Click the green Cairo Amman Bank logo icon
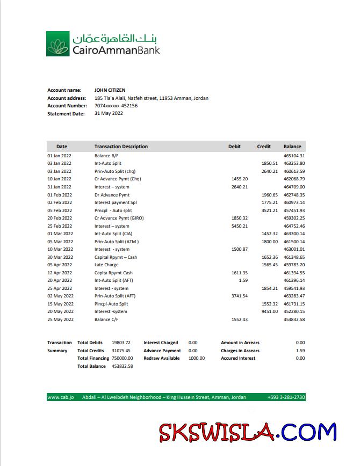[57, 44]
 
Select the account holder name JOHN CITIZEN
[110, 90]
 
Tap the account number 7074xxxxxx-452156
[116, 106]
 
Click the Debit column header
[234, 147]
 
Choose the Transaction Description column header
[121, 147]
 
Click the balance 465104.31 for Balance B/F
[294, 156]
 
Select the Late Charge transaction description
[106, 265]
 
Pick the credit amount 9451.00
[269, 311]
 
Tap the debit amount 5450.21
[239, 226]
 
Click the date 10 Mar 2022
[59, 249]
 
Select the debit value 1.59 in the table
[243, 280]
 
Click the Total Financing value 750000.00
[123, 358]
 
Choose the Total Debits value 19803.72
[121, 343]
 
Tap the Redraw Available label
[161, 358]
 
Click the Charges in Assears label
[240, 351]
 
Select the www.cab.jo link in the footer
[56, 397]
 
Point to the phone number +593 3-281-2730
[286, 397]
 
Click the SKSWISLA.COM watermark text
[248, 432]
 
